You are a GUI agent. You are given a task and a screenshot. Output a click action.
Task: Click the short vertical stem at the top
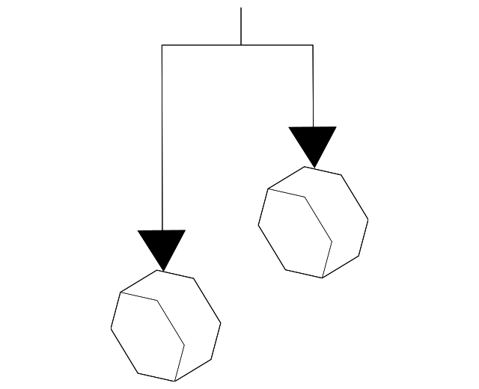pyautogui.click(x=241, y=27)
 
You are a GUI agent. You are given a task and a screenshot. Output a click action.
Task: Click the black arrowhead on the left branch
pyautogui.click(x=162, y=246)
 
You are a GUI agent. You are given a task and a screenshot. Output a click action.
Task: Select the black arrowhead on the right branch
pyautogui.click(x=313, y=143)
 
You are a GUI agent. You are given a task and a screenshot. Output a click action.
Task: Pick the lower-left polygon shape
pyautogui.click(x=165, y=325)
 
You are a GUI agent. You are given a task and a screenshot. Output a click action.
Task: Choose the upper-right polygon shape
pyautogui.click(x=313, y=222)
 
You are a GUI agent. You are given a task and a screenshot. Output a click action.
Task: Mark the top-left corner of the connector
pyautogui.click(x=162, y=46)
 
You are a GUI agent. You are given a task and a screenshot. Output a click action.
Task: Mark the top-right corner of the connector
pyautogui.click(x=313, y=46)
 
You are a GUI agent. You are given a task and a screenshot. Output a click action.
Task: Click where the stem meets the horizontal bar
pyautogui.click(x=241, y=46)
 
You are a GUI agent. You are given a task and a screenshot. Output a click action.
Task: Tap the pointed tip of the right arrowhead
pyautogui.click(x=313, y=166)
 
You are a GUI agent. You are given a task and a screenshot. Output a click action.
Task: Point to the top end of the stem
pyautogui.click(x=241, y=8)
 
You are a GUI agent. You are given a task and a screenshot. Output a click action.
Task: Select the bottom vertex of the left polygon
pyautogui.click(x=175, y=382)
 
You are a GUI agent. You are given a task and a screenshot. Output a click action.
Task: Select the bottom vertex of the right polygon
pyautogui.click(x=323, y=278)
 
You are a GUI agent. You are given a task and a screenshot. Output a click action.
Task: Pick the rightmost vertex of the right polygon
pyautogui.click(x=368, y=220)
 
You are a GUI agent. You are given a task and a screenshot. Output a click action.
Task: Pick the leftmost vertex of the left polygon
pyautogui.click(x=111, y=328)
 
